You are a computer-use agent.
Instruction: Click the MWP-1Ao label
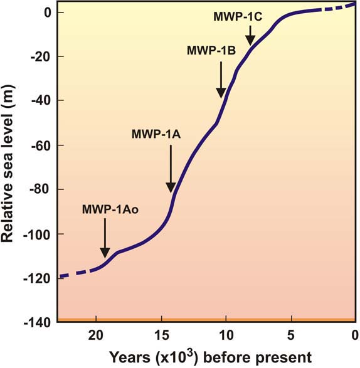[x=110, y=209]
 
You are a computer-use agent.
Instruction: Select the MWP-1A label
[x=156, y=134]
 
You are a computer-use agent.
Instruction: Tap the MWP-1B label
[x=211, y=50]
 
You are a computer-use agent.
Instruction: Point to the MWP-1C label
[x=238, y=17]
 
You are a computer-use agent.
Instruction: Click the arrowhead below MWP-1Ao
[x=105, y=253]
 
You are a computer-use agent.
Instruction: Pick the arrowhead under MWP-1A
[x=171, y=187]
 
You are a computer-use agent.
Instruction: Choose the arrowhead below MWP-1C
[x=250, y=40]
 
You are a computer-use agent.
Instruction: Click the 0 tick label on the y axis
[x=48, y=13]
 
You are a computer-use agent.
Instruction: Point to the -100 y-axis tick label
[x=38, y=234]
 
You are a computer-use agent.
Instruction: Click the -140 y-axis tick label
[x=38, y=323]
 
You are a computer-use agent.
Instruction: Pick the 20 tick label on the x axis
[x=96, y=335]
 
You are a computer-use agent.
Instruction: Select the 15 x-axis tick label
[x=162, y=335]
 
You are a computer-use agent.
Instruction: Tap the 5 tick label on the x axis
[x=291, y=335]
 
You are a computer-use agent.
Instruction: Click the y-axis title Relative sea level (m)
[x=7, y=164]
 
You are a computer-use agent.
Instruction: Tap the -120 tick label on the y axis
[x=38, y=278]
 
